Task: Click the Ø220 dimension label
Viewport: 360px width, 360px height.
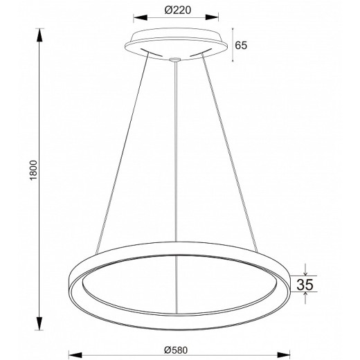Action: (178, 10)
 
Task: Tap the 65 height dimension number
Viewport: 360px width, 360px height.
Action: (241, 45)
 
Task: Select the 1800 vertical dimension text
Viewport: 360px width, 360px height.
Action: (33, 170)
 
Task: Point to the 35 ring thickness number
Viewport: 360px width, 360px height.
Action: (305, 285)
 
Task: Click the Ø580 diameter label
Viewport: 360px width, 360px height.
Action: (176, 350)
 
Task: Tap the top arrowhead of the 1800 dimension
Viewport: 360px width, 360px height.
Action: (39, 35)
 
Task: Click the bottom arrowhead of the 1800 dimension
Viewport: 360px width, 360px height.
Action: (39, 323)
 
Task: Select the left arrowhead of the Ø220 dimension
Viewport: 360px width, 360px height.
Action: (141, 17)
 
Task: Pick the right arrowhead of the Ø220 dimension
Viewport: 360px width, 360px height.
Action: (212, 17)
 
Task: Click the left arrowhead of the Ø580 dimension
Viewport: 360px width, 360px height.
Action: (75, 355)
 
